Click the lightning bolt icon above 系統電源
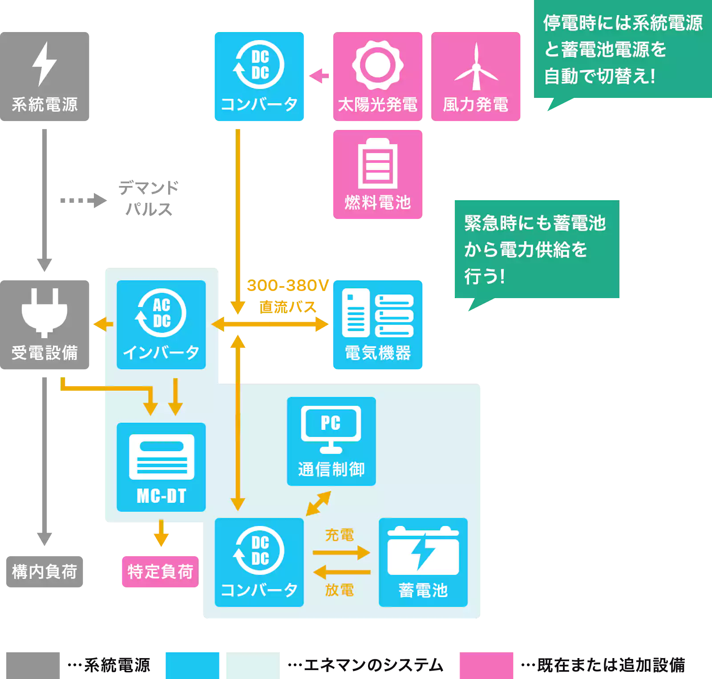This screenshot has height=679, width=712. tap(44, 64)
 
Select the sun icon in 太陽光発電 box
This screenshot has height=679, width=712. tap(378, 65)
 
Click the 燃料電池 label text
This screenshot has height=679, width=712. tap(378, 203)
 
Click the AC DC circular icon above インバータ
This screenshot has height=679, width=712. tap(161, 313)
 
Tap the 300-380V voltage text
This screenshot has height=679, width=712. tap(288, 285)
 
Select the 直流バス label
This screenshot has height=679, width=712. tap(288, 307)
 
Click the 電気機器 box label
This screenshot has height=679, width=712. tap(378, 353)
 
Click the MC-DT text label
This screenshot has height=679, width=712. tap(161, 496)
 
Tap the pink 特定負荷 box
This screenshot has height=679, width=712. tap(160, 572)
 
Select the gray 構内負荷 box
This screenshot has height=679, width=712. tap(44, 572)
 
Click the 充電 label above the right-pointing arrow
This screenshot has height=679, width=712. tap(339, 535)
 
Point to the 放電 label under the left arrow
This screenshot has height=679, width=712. tap(339, 590)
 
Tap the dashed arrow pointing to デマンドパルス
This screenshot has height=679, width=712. tap(83, 201)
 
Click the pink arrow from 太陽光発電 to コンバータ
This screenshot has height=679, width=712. tap(319, 76)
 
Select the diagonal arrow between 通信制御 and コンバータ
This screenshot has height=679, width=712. tap(318, 503)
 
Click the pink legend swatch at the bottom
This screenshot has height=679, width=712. tap(486, 665)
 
